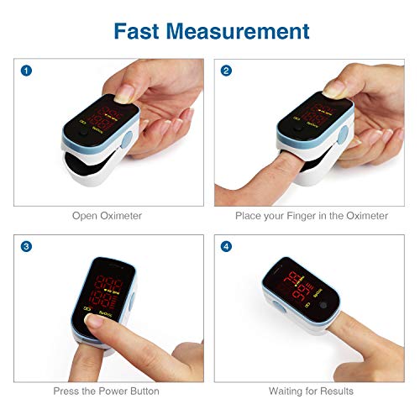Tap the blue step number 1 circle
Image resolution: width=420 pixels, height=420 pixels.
coord(27,70)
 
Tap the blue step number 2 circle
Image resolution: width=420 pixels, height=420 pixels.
coord(226,70)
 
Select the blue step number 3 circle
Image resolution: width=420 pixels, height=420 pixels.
coord(27,246)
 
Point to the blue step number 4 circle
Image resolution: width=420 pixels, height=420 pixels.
coord(226,246)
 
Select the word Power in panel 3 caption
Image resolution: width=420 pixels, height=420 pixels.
coord(113,391)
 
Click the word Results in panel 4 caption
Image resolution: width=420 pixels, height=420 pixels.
coord(335,391)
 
